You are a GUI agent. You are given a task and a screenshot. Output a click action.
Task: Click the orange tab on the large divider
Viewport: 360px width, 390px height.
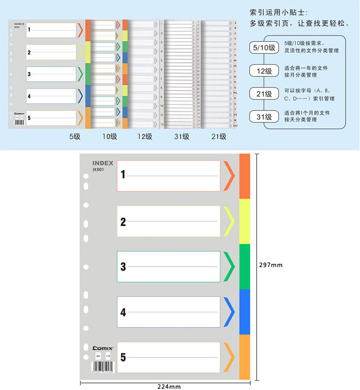pos(244,176)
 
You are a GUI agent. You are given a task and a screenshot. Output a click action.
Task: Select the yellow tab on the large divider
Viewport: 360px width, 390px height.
pos(244,221)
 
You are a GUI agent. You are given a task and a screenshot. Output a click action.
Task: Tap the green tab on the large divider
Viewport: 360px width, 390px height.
pos(244,267)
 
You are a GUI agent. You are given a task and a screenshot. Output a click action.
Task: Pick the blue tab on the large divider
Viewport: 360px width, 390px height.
pos(244,312)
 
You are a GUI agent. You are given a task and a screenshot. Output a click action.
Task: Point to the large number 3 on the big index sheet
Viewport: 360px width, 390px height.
pos(123,267)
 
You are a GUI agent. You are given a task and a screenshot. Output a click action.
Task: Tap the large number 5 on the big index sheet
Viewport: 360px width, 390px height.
pos(123,357)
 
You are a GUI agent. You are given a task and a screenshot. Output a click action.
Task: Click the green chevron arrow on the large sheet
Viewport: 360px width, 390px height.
pos(228,267)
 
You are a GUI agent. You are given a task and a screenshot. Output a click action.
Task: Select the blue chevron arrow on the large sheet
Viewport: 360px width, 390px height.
pos(228,312)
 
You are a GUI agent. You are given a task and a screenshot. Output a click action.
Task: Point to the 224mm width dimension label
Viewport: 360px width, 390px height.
pos(169,386)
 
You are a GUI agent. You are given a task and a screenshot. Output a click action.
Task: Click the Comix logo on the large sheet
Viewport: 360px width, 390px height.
pos(101,347)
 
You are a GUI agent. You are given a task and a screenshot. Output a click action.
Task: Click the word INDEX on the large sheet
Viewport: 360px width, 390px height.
pos(103,163)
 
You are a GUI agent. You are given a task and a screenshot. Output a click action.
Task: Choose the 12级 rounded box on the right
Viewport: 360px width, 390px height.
pos(264,71)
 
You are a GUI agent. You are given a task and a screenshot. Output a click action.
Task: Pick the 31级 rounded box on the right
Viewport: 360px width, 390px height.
pos(264,116)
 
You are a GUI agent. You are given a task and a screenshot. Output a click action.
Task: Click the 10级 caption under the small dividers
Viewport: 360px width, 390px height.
pos(109,136)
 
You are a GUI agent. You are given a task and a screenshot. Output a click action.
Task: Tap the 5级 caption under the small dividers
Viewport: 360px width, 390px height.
pos(74,136)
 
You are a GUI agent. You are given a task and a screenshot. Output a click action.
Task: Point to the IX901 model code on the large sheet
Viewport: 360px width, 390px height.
pos(98,169)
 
